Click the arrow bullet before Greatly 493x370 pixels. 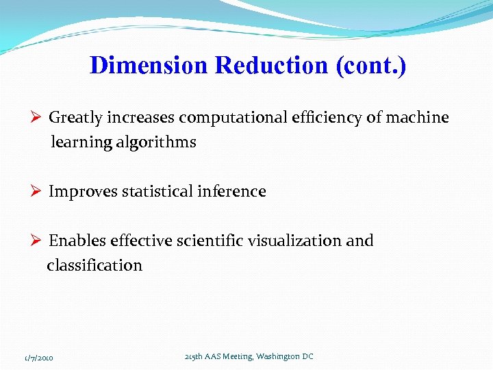point(38,118)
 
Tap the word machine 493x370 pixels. point(417,118)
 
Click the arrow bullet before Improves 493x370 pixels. point(38,192)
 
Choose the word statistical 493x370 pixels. point(156,192)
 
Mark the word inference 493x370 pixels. point(230,192)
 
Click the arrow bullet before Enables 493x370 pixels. point(38,241)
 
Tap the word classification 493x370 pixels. point(94,266)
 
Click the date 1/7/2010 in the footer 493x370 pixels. point(40,358)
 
